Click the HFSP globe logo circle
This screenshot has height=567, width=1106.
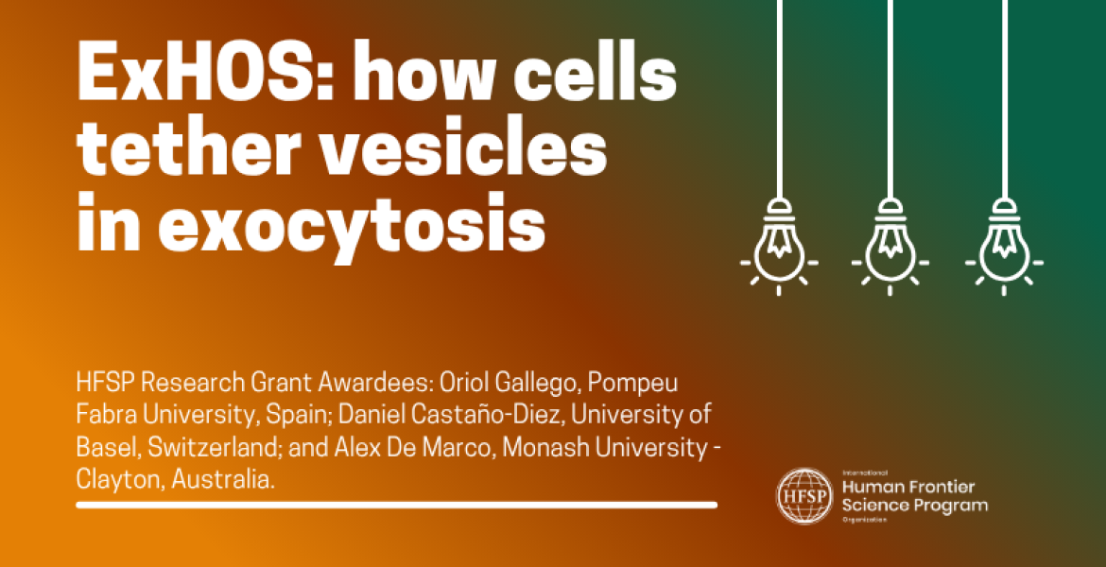tap(802, 496)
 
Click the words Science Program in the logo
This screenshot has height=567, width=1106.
tap(914, 506)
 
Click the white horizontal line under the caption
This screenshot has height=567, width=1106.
tap(396, 505)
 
